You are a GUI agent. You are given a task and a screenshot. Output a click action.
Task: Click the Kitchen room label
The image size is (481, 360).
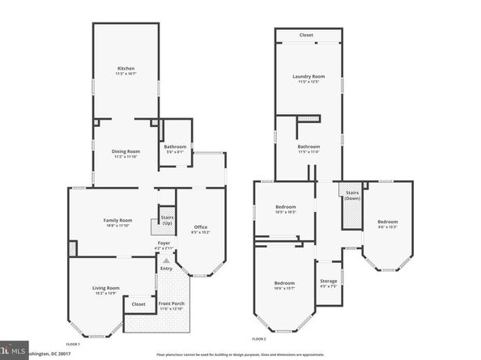[125, 69]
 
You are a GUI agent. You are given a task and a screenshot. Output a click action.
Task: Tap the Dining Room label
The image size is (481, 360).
[126, 151]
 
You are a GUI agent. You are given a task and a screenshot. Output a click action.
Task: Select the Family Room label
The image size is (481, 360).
[117, 220]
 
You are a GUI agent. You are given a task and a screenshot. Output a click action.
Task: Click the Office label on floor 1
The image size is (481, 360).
[201, 227]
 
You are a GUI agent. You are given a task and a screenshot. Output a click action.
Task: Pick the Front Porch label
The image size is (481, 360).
[171, 304]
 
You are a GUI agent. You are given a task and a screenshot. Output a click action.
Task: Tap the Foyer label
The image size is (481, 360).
[164, 244]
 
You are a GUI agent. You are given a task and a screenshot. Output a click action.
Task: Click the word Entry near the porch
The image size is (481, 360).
[166, 269]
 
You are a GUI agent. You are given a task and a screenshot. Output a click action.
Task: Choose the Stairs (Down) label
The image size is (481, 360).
[352, 196]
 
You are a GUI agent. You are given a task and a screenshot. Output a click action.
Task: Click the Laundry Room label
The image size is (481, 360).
[309, 77]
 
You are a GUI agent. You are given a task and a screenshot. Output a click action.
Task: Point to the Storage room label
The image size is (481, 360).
[327, 259]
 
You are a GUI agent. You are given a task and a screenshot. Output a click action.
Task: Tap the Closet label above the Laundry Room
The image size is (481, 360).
[307, 36]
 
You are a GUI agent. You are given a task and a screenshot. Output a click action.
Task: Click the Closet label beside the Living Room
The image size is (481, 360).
[138, 304]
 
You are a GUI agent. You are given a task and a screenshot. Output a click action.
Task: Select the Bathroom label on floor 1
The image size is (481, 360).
[175, 146]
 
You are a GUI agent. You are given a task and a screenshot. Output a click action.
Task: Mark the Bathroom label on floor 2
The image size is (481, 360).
[309, 146]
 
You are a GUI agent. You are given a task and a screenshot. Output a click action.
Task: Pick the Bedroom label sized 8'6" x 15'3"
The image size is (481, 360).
[387, 222]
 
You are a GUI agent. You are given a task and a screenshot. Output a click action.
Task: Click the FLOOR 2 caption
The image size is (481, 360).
[259, 338]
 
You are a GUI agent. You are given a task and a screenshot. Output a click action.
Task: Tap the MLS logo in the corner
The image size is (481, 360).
[13, 351]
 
